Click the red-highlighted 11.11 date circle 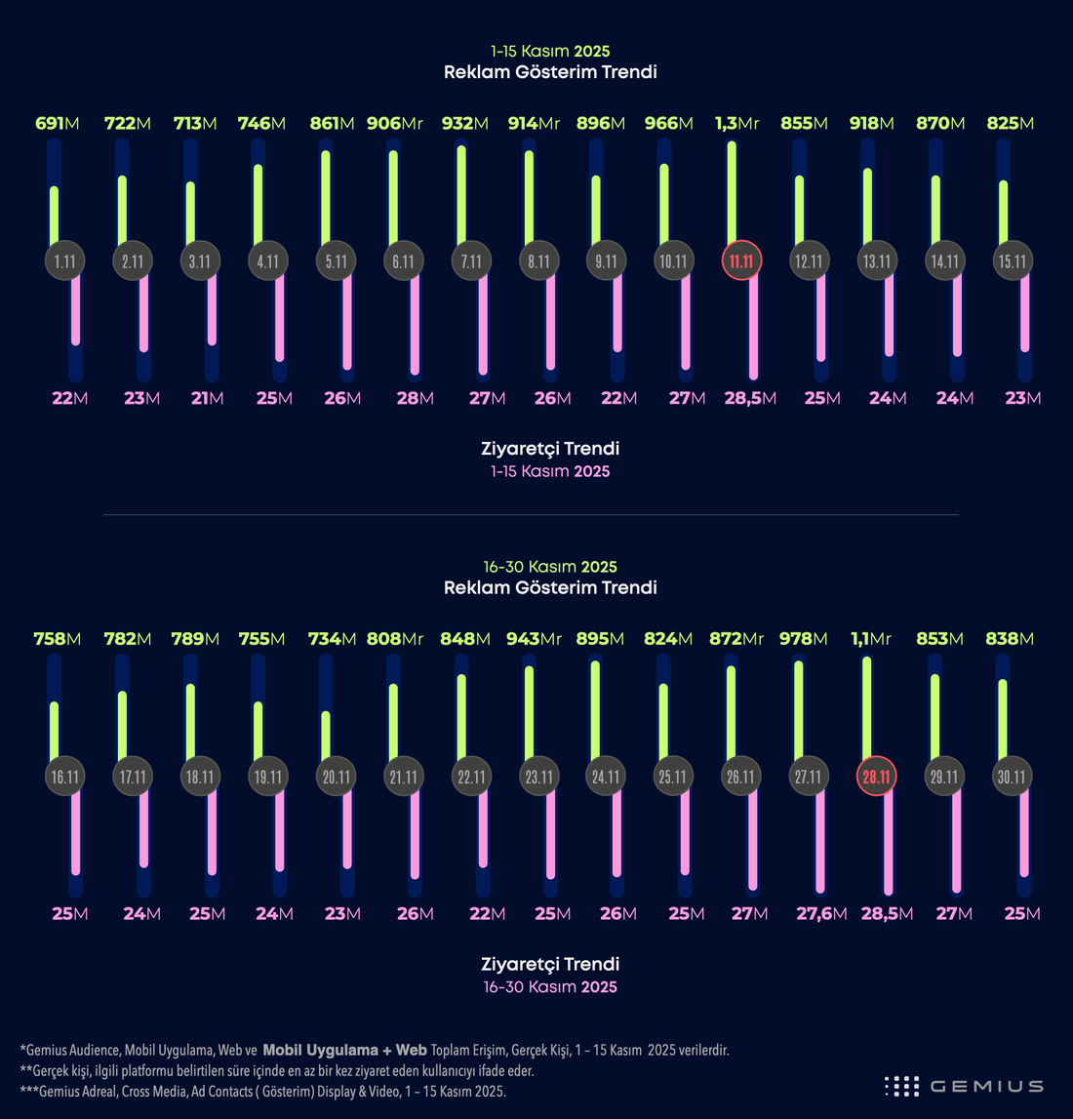[741, 260]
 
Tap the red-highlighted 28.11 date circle [876, 776]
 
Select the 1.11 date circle [65, 260]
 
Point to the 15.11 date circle [1013, 260]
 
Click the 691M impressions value [57, 124]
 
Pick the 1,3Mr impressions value [737, 124]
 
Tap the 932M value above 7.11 [464, 124]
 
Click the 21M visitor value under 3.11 [207, 398]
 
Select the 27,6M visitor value [821, 914]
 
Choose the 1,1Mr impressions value [870, 639]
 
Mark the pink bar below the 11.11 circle [753, 325]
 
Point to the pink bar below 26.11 [753, 839]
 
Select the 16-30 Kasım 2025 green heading [550, 567]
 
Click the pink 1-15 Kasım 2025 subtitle [550, 471]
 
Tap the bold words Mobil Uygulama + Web [344, 1050]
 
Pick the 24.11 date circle [606, 776]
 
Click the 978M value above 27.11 [804, 639]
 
